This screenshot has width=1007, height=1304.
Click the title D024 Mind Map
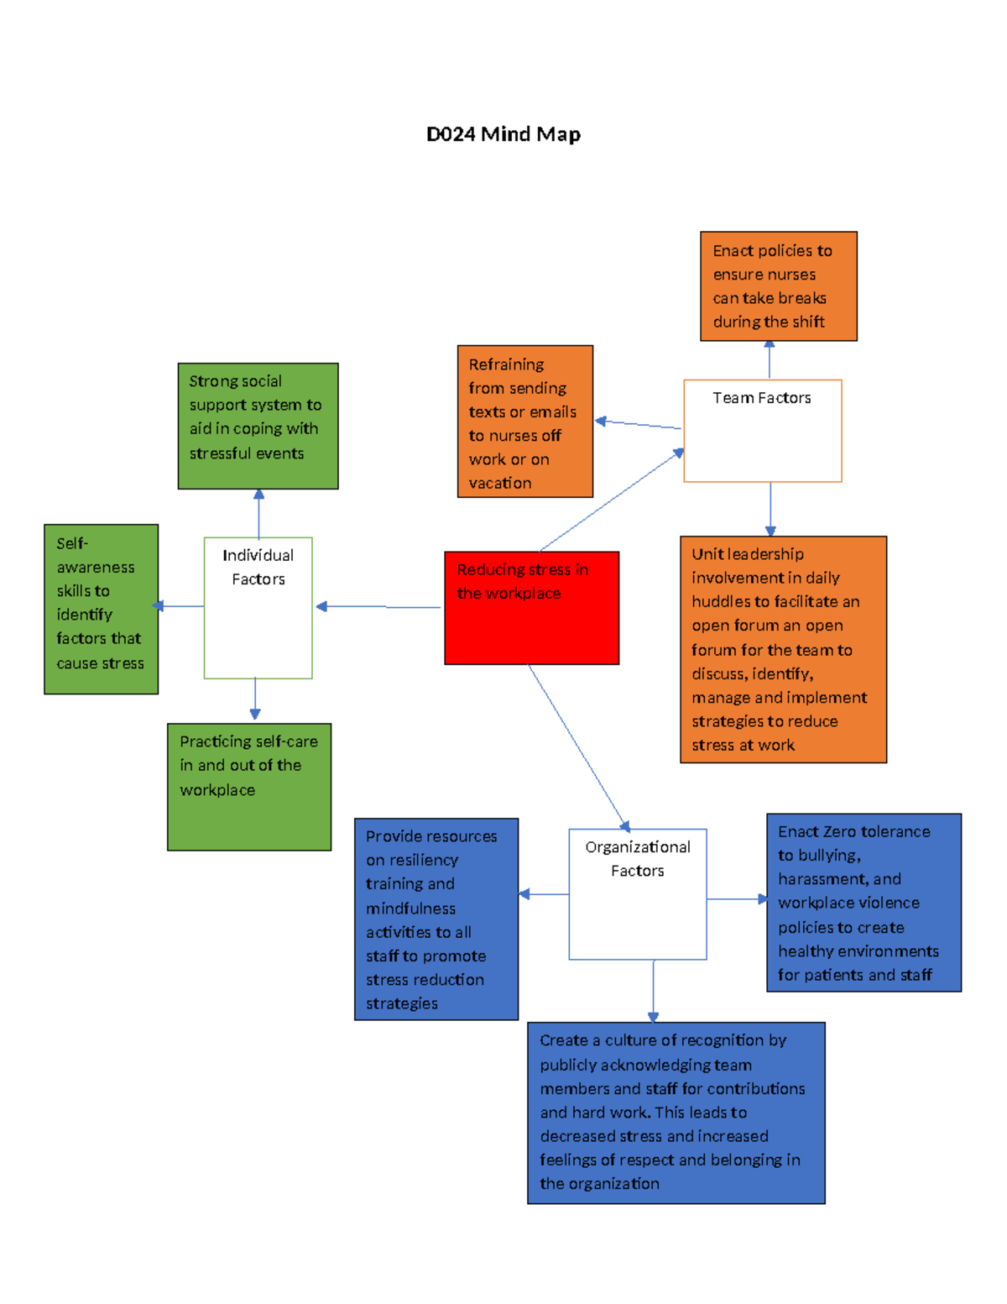(503, 134)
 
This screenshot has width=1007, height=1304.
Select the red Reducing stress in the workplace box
(531, 608)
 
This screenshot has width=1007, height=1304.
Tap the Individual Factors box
(258, 608)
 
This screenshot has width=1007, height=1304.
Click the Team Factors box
(762, 431)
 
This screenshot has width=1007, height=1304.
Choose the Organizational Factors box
(638, 894)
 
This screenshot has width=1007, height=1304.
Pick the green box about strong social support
(258, 426)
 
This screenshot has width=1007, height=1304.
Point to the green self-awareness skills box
(101, 609)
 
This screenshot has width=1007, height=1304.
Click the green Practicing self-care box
(249, 787)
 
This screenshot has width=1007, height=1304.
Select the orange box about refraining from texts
(524, 422)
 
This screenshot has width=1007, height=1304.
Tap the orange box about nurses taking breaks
(778, 286)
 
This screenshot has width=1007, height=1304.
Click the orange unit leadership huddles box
(783, 649)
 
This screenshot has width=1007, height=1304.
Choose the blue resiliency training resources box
(436, 919)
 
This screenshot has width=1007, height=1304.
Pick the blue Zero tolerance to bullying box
(864, 903)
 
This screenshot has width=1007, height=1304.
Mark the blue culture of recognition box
(676, 1113)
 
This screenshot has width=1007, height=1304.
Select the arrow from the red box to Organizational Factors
(579, 747)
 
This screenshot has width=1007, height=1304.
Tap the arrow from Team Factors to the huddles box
(770, 508)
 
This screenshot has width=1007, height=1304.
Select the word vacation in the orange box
(500, 483)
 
